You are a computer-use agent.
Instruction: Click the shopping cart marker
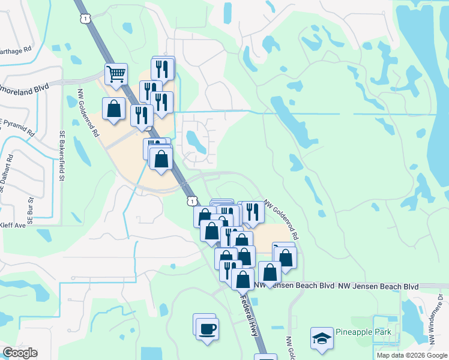coord(116,74)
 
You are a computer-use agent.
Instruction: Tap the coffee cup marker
coord(208,329)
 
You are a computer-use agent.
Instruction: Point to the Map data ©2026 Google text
coord(411,355)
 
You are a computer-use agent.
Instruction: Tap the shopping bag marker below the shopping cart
coord(113,109)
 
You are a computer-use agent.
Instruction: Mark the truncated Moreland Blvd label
coord(24,88)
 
